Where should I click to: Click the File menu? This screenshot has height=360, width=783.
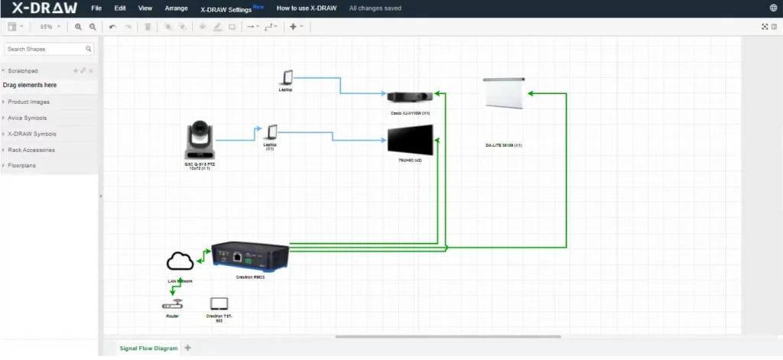pos(96,8)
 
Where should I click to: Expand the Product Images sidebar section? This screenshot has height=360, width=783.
pos(30,102)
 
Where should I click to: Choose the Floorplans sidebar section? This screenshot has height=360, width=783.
pos(22,166)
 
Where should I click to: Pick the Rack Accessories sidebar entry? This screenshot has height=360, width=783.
pos(31,150)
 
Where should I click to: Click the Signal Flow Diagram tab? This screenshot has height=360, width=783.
pos(148,349)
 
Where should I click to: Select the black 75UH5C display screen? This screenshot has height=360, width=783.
pos(410,141)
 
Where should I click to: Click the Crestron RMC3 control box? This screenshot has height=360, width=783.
pos(251,255)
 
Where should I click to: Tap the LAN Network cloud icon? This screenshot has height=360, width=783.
pos(180,262)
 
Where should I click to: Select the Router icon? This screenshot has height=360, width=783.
pos(172,305)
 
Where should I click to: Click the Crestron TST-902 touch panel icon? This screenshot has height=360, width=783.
pos(219,303)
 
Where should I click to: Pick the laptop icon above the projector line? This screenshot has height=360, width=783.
pos(287,78)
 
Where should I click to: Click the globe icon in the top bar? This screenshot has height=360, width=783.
pos(773,8)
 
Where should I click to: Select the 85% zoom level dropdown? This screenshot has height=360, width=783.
pos(50,27)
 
